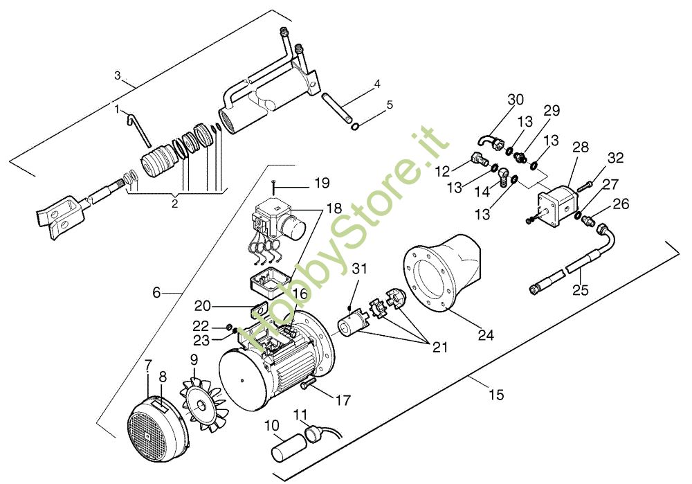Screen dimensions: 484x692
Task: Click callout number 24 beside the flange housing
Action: click(486, 335)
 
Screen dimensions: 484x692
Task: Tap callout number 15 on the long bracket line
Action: click(495, 395)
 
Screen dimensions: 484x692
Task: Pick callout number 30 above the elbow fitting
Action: click(516, 100)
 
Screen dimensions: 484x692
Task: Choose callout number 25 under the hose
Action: click(580, 290)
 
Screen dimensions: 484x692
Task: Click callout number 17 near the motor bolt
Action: click(343, 400)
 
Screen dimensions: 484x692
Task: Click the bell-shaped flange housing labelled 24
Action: click(443, 274)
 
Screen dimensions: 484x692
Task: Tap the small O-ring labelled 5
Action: click(355, 127)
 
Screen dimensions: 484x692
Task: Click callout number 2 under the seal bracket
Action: click(174, 204)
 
